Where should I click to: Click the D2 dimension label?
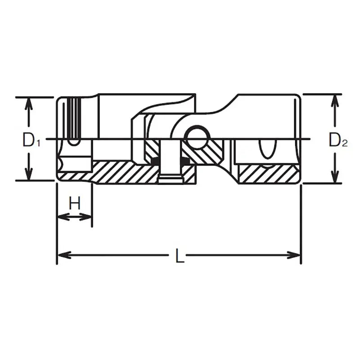pyautogui.click(x=337, y=141)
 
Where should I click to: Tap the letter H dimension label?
pyautogui.click(x=75, y=203)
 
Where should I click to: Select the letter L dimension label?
pyautogui.click(x=180, y=256)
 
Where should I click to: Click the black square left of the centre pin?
pyautogui.click(x=155, y=161)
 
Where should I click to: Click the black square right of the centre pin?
pyautogui.click(x=185, y=161)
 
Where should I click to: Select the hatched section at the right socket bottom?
pyautogui.click(x=268, y=174)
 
